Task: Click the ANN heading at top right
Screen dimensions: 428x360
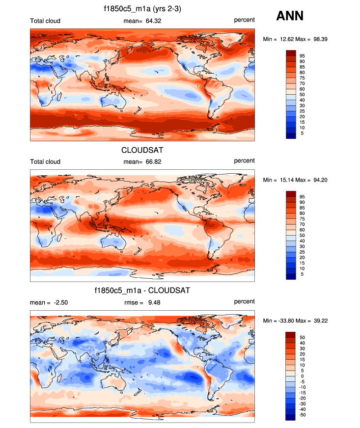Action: click(290, 16)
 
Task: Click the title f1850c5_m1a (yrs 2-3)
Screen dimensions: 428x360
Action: click(142, 8)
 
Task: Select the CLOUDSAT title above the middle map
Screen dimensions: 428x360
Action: click(142, 150)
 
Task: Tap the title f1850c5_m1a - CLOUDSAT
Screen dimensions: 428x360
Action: click(142, 291)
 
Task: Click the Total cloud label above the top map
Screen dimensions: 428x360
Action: click(45, 20)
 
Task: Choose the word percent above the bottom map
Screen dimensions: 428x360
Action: click(244, 301)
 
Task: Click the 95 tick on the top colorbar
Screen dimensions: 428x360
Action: click(303, 55)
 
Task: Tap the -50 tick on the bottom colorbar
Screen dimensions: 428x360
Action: click(304, 415)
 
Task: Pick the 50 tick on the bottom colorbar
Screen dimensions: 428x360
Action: click(303, 337)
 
